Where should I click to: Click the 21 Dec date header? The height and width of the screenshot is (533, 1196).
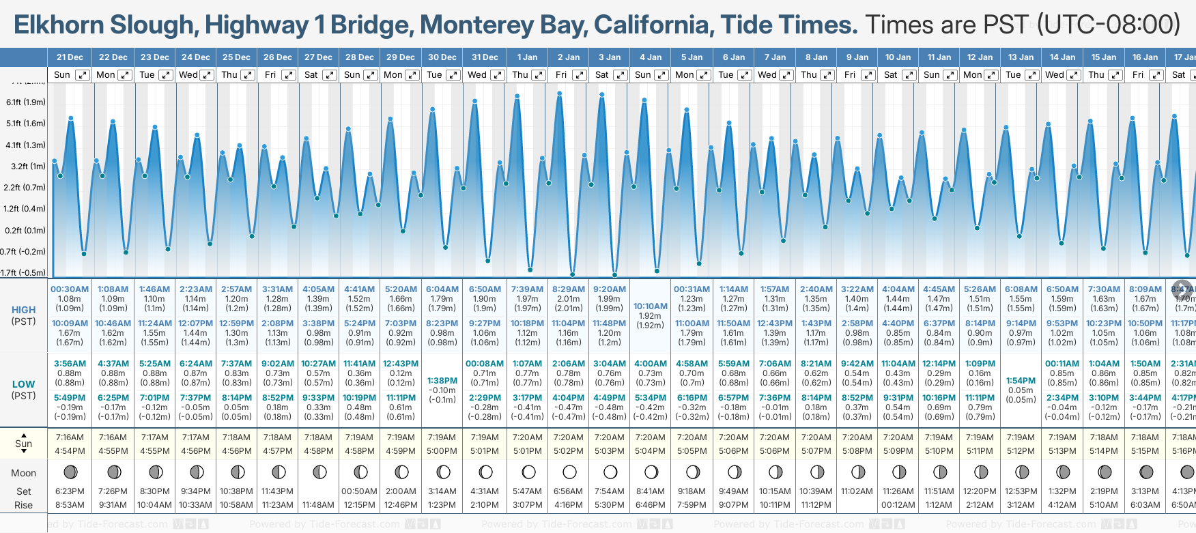70,57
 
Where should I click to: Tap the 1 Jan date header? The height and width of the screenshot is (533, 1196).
527,57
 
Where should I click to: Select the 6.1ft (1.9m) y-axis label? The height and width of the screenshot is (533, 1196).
26,102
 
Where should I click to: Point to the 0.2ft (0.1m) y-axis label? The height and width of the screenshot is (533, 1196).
26,231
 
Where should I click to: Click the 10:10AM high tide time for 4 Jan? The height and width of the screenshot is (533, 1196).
650,306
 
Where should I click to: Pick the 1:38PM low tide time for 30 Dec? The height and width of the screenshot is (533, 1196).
442,381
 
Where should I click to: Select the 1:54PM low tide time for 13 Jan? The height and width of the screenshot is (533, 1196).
1021,381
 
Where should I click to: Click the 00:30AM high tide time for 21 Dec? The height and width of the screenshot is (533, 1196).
70,289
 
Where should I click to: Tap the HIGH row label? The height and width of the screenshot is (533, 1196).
24,310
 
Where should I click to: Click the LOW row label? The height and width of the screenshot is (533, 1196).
24,384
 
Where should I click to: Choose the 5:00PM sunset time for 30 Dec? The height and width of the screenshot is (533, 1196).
442,451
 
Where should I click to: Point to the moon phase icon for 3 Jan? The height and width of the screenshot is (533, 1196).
610,472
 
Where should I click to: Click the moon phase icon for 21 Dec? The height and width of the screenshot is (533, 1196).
70,472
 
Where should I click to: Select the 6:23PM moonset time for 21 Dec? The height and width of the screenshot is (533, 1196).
70,491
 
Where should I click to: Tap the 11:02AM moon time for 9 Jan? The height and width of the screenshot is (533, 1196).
857,491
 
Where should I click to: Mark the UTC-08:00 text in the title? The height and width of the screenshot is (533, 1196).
1109,25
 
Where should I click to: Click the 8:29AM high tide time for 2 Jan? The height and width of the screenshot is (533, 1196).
569,289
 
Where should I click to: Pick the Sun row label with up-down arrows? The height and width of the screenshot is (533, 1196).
24,444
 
